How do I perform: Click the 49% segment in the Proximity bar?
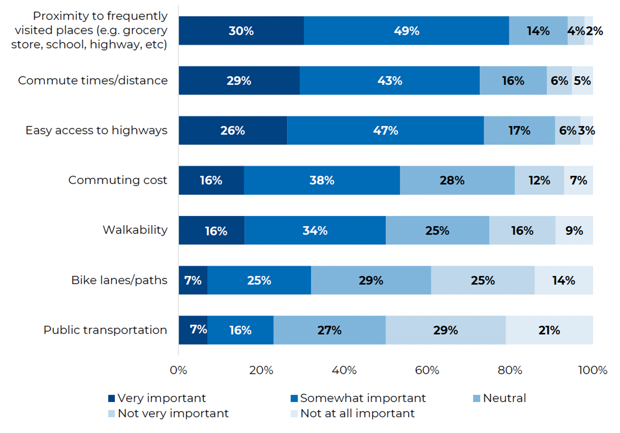[406, 31]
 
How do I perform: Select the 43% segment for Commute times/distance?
[390, 81]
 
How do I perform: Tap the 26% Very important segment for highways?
[233, 130]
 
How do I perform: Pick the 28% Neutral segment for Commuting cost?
[457, 180]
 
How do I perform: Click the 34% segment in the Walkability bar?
[315, 230]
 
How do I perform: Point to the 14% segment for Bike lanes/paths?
[564, 280]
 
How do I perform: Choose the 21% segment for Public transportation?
[549, 330]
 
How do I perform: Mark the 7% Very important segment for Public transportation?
[193, 330]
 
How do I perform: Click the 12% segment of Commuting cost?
[539, 180]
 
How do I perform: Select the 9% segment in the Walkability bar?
[574, 230]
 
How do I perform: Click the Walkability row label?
[135, 230]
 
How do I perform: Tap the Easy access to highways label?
[96, 130]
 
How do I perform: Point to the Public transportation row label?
[105, 330]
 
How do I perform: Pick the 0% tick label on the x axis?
[178, 370]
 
